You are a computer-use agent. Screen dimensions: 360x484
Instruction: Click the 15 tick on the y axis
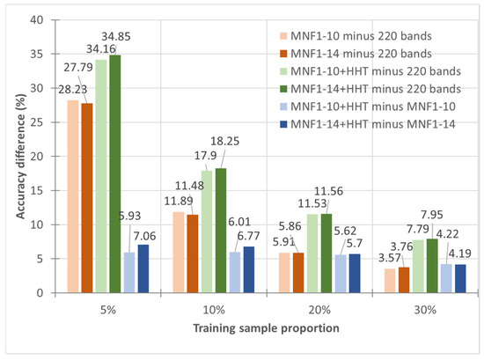(40, 190)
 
